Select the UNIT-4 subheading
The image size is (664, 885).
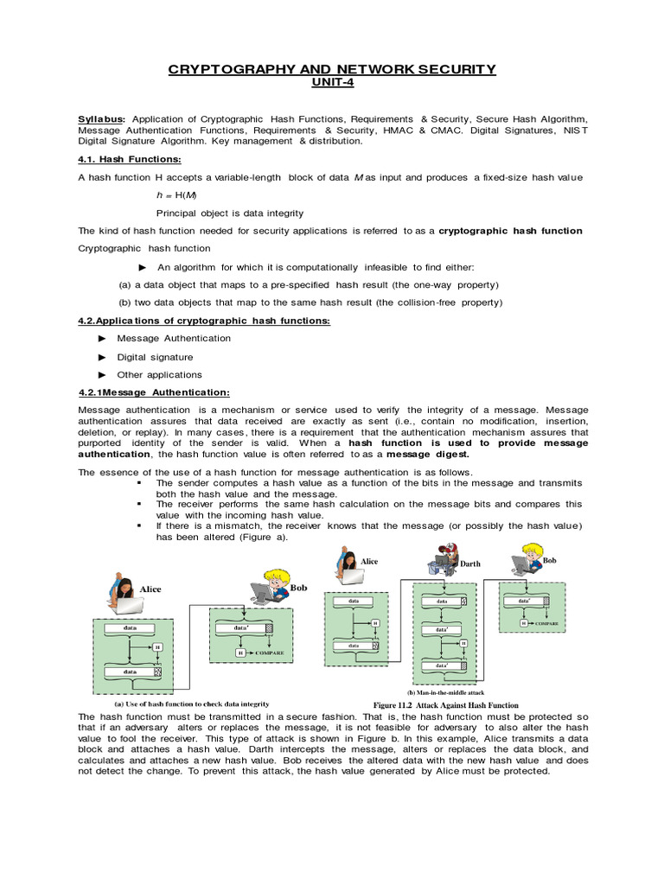pyautogui.click(x=331, y=83)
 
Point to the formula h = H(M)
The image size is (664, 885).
pyautogui.click(x=176, y=194)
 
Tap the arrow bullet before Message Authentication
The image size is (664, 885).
pyautogui.click(x=101, y=338)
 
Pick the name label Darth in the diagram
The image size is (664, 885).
pyautogui.click(x=469, y=563)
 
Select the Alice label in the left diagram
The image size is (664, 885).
pyautogui.click(x=150, y=589)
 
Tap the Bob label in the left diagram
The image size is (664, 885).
pyautogui.click(x=298, y=587)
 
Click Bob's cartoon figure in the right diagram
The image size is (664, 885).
pyautogui.click(x=529, y=562)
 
